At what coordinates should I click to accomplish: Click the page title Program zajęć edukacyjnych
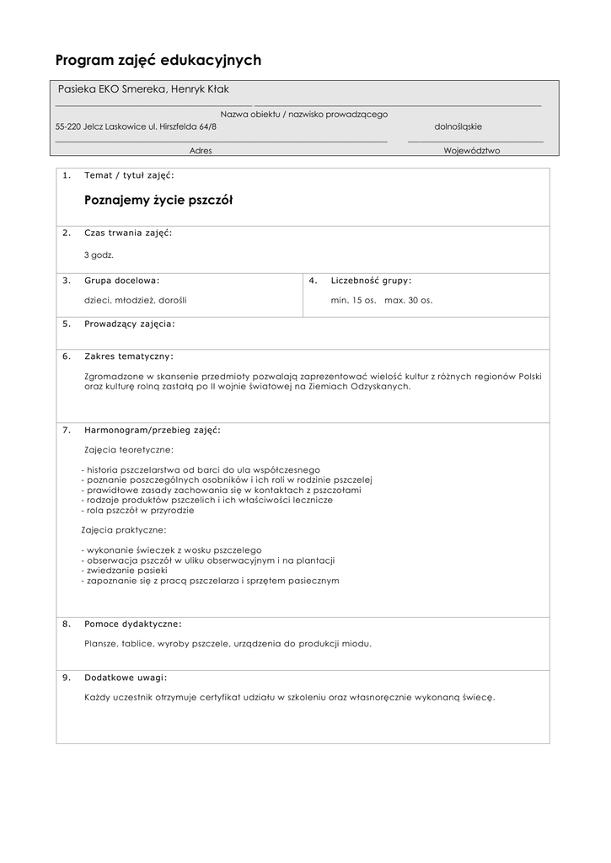[x=158, y=60]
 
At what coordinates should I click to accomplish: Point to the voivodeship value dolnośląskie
[x=458, y=126]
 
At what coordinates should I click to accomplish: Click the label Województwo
[x=472, y=150]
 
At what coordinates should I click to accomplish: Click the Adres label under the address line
[x=201, y=150]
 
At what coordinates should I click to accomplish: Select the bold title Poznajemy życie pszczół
[x=158, y=201]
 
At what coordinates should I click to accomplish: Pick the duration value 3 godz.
[x=99, y=254]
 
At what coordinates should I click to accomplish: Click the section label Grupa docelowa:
[x=121, y=280]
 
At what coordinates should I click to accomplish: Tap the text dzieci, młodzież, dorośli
[x=135, y=300]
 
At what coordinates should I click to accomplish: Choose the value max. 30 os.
[x=408, y=300]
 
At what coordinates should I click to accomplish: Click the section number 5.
[x=67, y=323]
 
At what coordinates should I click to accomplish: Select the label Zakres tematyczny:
[x=128, y=356]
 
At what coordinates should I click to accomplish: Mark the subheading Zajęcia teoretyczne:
[x=129, y=449]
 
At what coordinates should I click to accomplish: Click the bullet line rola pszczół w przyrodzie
[x=139, y=510]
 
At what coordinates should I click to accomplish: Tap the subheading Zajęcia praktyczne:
[x=125, y=530]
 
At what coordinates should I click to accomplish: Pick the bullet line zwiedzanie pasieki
[x=123, y=571]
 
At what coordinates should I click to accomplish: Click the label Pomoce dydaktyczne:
[x=133, y=624]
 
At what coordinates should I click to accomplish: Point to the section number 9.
[x=67, y=677]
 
